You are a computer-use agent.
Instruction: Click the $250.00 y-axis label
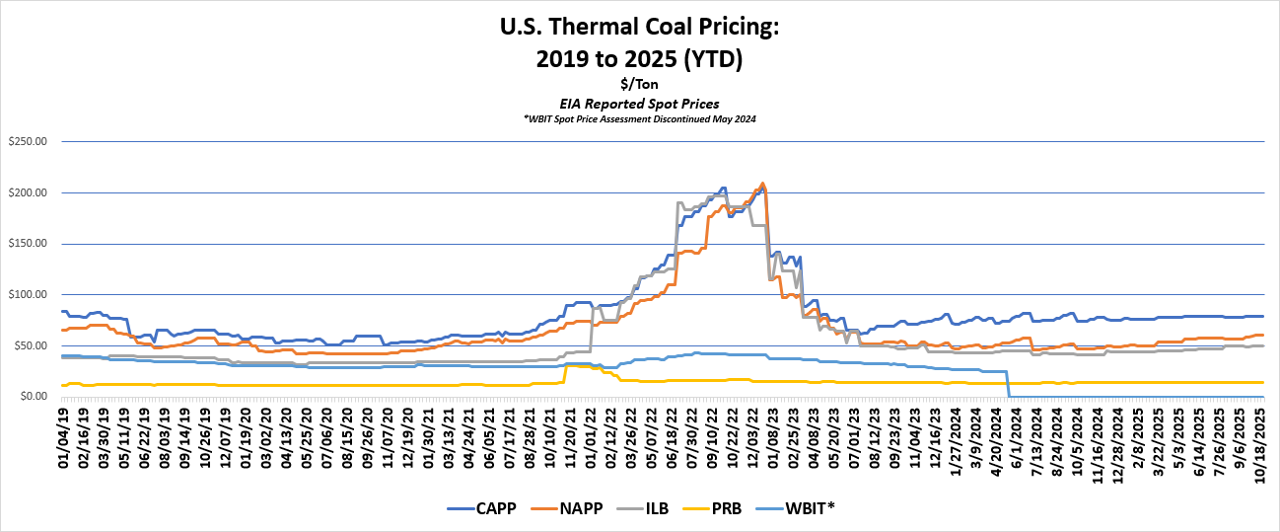click(27, 141)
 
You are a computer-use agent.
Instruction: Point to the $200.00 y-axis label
click(27, 192)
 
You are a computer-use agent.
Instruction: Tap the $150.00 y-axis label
click(27, 244)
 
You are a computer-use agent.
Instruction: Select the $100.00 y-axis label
click(27, 294)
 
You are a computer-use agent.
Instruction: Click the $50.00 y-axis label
click(30, 345)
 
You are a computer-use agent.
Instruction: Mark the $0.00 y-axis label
click(33, 397)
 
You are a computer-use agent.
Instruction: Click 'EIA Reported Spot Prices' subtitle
click(640, 103)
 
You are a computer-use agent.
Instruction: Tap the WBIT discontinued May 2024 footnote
click(640, 118)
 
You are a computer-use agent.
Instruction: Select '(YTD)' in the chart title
click(709, 59)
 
